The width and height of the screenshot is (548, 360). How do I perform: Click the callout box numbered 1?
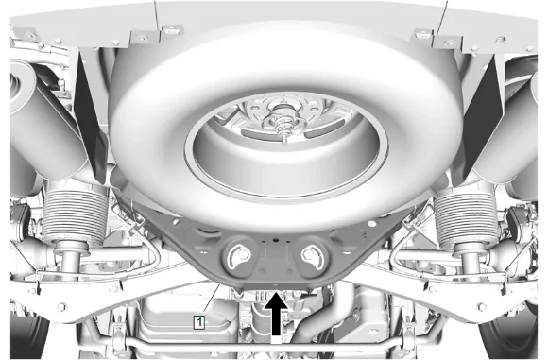click(x=199, y=322)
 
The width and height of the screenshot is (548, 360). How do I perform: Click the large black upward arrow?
click(x=277, y=314)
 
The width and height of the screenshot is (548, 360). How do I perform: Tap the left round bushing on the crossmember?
click(x=239, y=257)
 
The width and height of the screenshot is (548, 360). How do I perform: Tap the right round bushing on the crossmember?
click(x=311, y=257)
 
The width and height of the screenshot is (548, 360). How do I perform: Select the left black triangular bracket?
click(x=90, y=115)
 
